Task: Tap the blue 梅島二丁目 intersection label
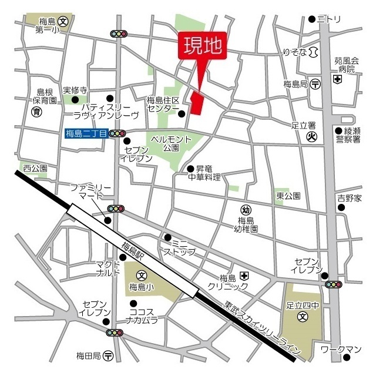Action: pyautogui.click(x=86, y=134)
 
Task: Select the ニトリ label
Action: pyautogui.click(x=329, y=19)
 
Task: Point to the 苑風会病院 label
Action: pyautogui.click(x=347, y=65)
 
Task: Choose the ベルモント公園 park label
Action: pyautogui.click(x=171, y=143)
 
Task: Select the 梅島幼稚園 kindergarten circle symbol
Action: pyautogui.click(x=246, y=210)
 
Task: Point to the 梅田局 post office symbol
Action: pyautogui.click(x=108, y=355)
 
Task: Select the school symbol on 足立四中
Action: pyautogui.click(x=302, y=317)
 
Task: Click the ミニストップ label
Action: pyautogui.click(x=183, y=247)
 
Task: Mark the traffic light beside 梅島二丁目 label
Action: pyautogui.click(x=117, y=134)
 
